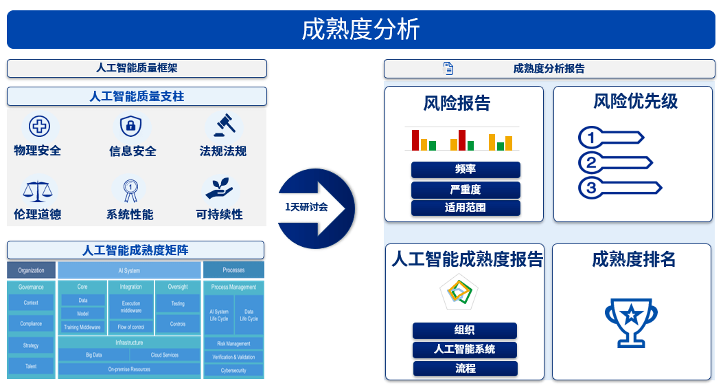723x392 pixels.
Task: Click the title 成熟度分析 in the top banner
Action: pos(360,30)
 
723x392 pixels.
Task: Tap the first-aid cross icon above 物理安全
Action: pos(39,126)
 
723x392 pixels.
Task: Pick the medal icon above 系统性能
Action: pos(130,189)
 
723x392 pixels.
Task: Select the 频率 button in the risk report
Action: pos(466,170)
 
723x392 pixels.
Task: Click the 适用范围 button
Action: pos(466,208)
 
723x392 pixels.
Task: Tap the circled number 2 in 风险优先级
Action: pos(589,163)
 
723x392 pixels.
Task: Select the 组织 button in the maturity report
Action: pos(464,330)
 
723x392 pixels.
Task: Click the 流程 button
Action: pos(465,369)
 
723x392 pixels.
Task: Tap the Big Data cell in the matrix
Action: pos(93,356)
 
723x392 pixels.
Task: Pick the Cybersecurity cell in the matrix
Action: pos(233,371)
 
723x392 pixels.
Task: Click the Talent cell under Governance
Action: pos(31,367)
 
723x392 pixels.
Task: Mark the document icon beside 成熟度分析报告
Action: pos(448,69)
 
